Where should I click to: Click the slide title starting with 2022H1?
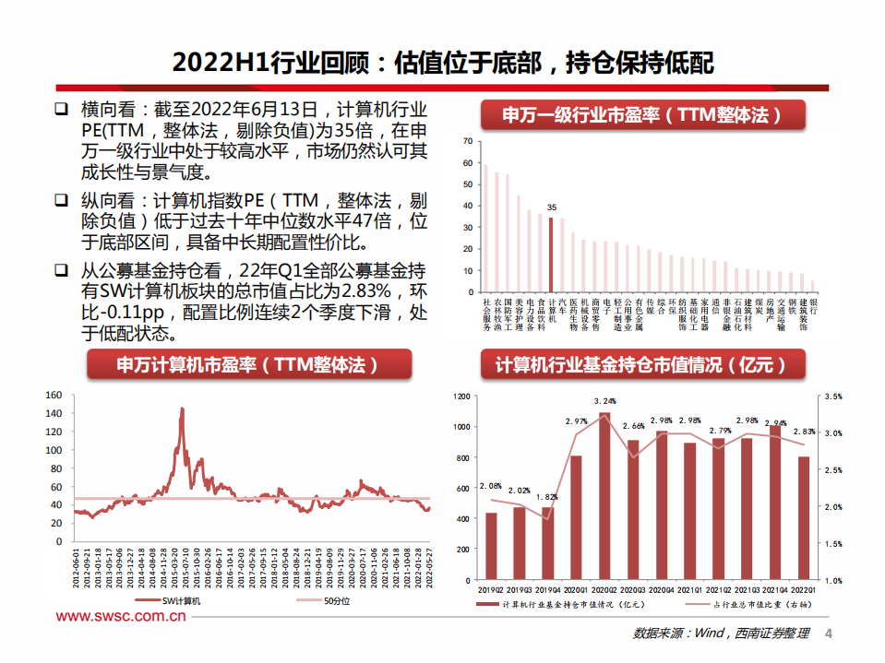(443, 62)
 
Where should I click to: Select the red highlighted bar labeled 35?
(551, 254)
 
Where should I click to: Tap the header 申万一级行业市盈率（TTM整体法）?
(642, 115)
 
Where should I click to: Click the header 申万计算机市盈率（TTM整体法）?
(246, 364)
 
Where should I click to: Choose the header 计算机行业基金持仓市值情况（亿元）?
(643, 364)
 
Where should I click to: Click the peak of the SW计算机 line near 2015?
(182, 409)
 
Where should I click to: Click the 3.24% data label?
(604, 401)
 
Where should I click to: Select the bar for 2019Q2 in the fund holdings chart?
(491, 546)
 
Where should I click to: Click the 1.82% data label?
(547, 497)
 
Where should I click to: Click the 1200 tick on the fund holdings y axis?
(461, 396)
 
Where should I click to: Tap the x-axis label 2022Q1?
(803, 590)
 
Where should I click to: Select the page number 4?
(828, 633)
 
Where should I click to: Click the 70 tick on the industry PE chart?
(467, 141)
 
